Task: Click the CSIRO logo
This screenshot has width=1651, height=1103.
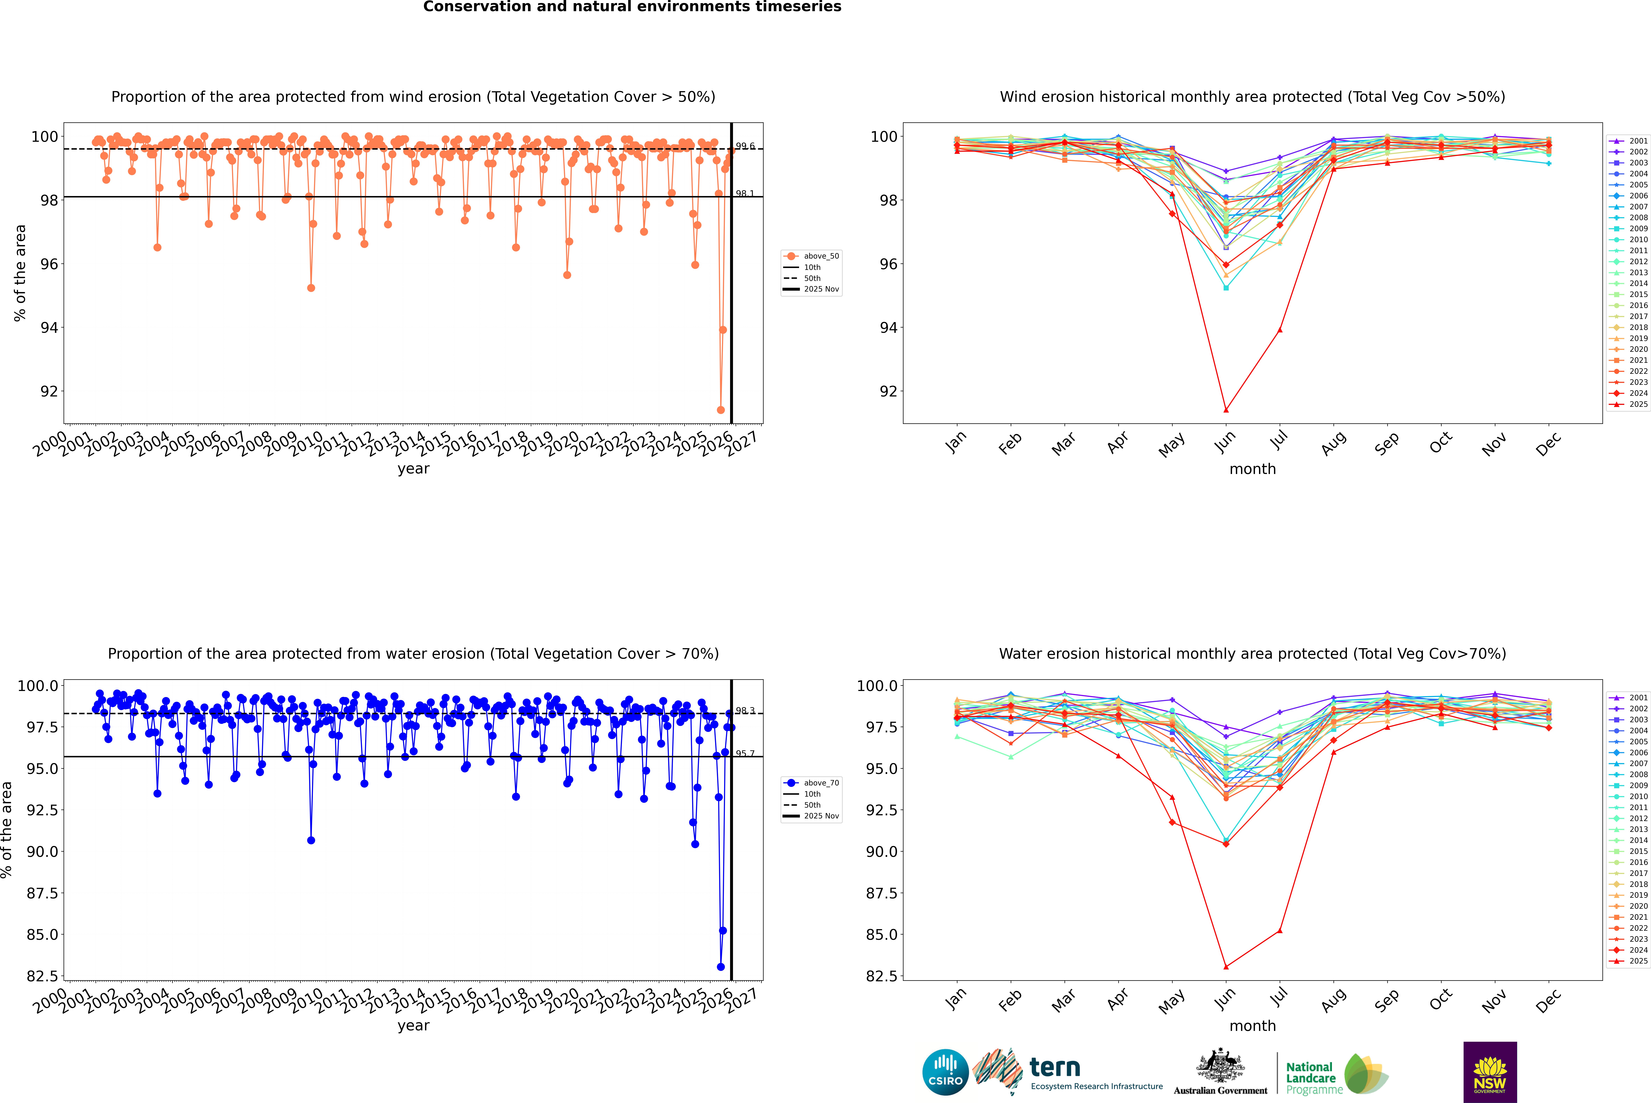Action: pyautogui.click(x=945, y=1072)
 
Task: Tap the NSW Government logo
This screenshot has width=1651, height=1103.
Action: pyautogui.click(x=1490, y=1072)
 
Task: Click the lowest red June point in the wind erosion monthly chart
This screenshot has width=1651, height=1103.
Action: pyautogui.click(x=1226, y=410)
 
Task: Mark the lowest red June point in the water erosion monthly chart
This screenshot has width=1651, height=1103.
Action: pyautogui.click(x=1226, y=966)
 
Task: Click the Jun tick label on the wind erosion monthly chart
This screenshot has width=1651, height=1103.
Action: pyautogui.click(x=1224, y=442)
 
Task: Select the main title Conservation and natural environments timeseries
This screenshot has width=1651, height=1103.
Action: pyautogui.click(x=632, y=7)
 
